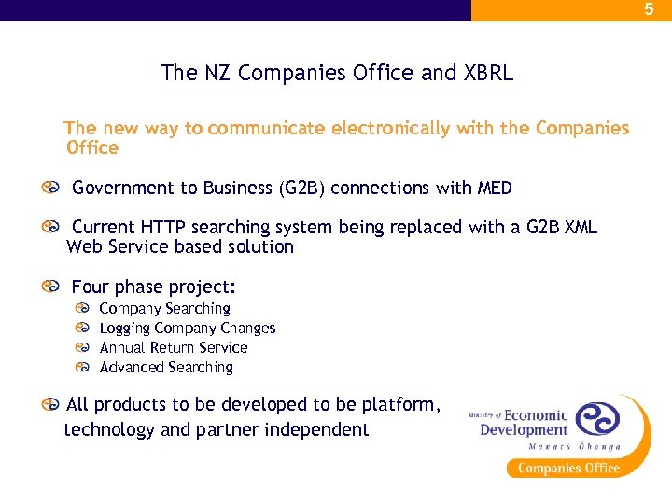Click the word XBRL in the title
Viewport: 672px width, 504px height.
click(486, 73)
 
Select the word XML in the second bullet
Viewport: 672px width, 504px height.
click(579, 228)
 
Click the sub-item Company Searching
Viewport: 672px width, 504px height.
click(164, 308)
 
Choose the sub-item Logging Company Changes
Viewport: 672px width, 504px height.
click(187, 328)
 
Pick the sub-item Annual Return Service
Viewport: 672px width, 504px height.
click(174, 347)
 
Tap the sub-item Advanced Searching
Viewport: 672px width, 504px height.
click(166, 367)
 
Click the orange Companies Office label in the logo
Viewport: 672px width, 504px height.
click(568, 468)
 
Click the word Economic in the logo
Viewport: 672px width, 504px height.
click(536, 415)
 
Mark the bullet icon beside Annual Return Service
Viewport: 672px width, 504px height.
click(83, 347)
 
